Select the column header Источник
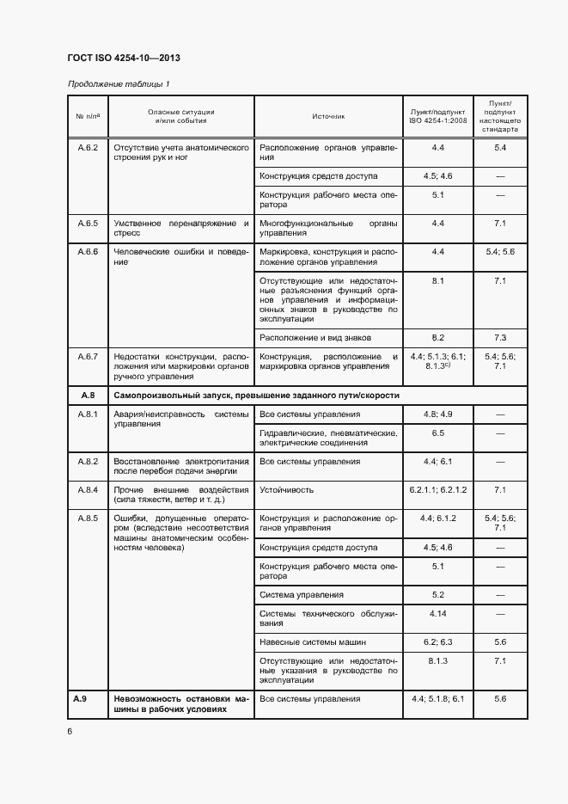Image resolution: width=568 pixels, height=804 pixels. pos(328,115)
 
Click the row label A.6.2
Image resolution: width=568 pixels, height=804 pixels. pos(89,148)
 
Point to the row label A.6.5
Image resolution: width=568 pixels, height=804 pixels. pos(89,224)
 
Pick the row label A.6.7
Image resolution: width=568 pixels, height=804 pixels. pos(89,356)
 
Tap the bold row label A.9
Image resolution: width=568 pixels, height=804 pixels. pos(82,699)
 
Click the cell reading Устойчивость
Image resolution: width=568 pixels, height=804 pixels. pos(287,490)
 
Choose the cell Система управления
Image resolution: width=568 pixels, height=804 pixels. pos(302,594)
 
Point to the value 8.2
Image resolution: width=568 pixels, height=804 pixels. pos(437,337)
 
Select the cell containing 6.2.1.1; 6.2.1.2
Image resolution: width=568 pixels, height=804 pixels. pos(437,490)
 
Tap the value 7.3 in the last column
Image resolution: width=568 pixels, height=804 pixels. pos(500,337)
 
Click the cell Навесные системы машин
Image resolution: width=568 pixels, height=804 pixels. pos(313,641)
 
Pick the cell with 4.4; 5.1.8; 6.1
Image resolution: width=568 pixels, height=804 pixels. pos(437,699)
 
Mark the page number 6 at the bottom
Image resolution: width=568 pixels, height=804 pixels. pos(70,732)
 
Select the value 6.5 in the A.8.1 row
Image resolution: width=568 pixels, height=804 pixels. pos(437,433)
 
